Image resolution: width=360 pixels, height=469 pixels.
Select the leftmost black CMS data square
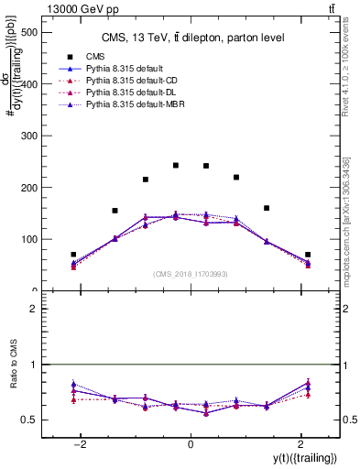click(73, 255)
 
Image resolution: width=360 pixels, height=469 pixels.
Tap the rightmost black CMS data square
click(308, 255)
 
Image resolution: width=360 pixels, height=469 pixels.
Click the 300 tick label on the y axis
click(29, 136)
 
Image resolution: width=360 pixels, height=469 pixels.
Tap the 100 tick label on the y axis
click(29, 239)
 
